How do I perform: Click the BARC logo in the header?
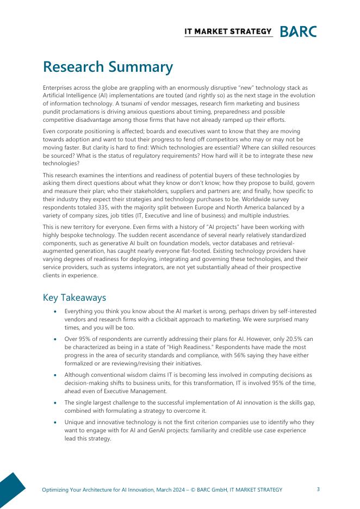pos(298,32)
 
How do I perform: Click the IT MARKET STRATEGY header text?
pos(228,32)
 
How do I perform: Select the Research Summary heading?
pos(108,67)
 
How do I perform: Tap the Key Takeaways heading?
pos(74,297)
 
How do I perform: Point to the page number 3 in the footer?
pos(318,489)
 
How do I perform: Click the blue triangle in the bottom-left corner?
pos(10,492)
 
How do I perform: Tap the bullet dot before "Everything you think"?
pos(55,311)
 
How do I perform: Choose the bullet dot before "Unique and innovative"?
pos(55,423)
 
